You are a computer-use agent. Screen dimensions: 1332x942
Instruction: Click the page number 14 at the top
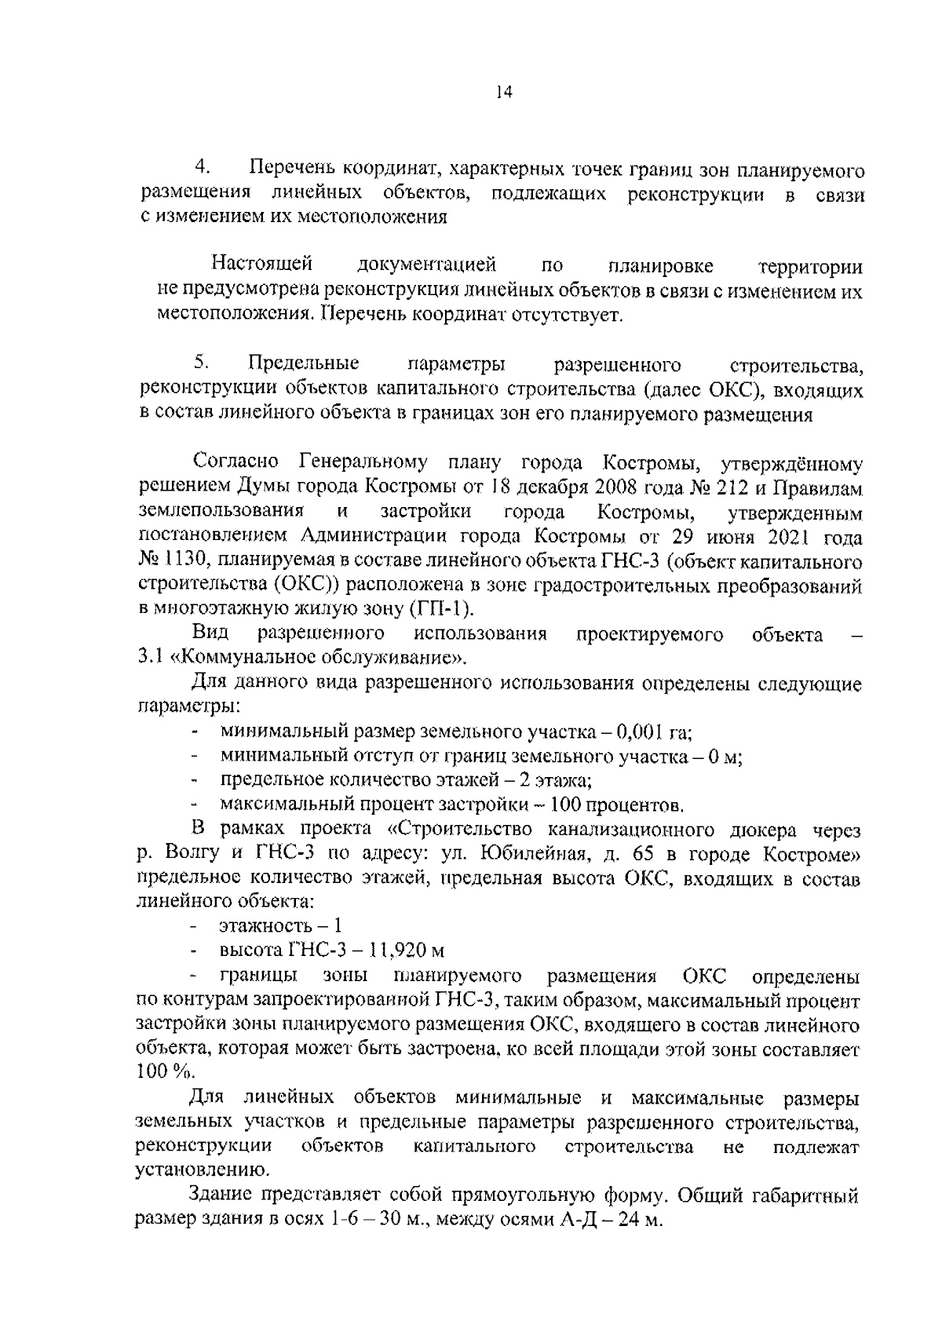pos(504,93)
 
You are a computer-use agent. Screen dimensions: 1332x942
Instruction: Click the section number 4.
pos(203,167)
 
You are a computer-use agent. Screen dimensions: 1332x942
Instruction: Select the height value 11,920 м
pos(400,951)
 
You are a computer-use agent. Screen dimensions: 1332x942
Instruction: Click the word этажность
pos(264,925)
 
